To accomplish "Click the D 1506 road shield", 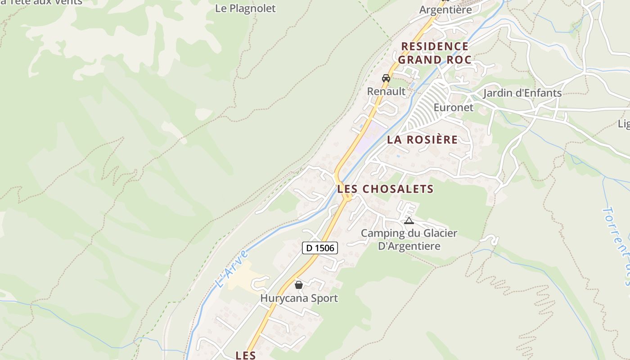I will click(x=319, y=247).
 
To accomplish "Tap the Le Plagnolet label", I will click(x=245, y=8).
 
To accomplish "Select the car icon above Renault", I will click(x=386, y=78).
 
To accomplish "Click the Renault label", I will click(x=386, y=91).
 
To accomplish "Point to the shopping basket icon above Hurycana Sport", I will click(x=298, y=284).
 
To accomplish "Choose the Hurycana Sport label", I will click(x=299, y=298).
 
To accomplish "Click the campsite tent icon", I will click(x=409, y=220).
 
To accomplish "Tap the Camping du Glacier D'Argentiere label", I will click(x=409, y=239).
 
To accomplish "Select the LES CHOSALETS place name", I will click(x=385, y=189).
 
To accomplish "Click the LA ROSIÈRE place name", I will click(x=422, y=139).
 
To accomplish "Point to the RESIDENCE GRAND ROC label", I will click(x=435, y=53).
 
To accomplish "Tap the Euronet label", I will click(x=453, y=108).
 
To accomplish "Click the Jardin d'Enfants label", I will click(x=522, y=93).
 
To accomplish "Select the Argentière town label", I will click(x=445, y=9).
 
